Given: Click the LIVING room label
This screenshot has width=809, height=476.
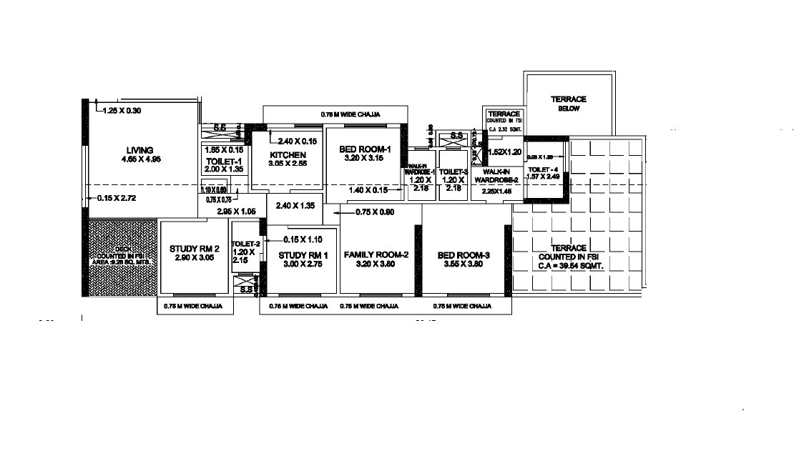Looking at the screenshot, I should (140, 150).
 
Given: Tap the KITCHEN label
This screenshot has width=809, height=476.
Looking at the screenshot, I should (288, 155).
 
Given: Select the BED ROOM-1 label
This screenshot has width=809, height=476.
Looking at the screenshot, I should (365, 149).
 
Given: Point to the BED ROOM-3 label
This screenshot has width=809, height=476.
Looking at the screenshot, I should (464, 255).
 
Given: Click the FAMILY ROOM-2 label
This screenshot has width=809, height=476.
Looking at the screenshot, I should (376, 255).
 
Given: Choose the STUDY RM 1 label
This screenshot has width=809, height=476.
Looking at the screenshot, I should (303, 255).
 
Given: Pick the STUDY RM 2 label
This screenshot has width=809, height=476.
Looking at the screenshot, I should (194, 249).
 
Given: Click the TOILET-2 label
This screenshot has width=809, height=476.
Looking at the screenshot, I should (245, 244).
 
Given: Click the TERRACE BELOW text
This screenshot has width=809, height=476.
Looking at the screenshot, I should (569, 103).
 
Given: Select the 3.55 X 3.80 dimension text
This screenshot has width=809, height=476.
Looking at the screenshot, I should (464, 264).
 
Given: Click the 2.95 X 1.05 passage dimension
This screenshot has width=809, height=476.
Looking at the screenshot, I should (236, 212).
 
